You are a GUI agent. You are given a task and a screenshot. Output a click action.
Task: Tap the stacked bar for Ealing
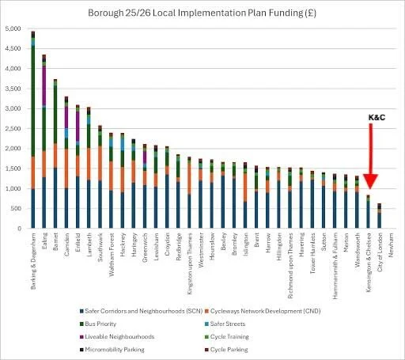pyautogui.click(x=44, y=142)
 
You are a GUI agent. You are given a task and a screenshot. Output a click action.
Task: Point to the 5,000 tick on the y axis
pyautogui.click(x=14, y=28)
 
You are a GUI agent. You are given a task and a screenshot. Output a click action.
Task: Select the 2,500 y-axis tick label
pyautogui.click(x=14, y=128)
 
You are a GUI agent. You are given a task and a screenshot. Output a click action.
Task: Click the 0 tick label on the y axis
pyautogui.click(x=21, y=229)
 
